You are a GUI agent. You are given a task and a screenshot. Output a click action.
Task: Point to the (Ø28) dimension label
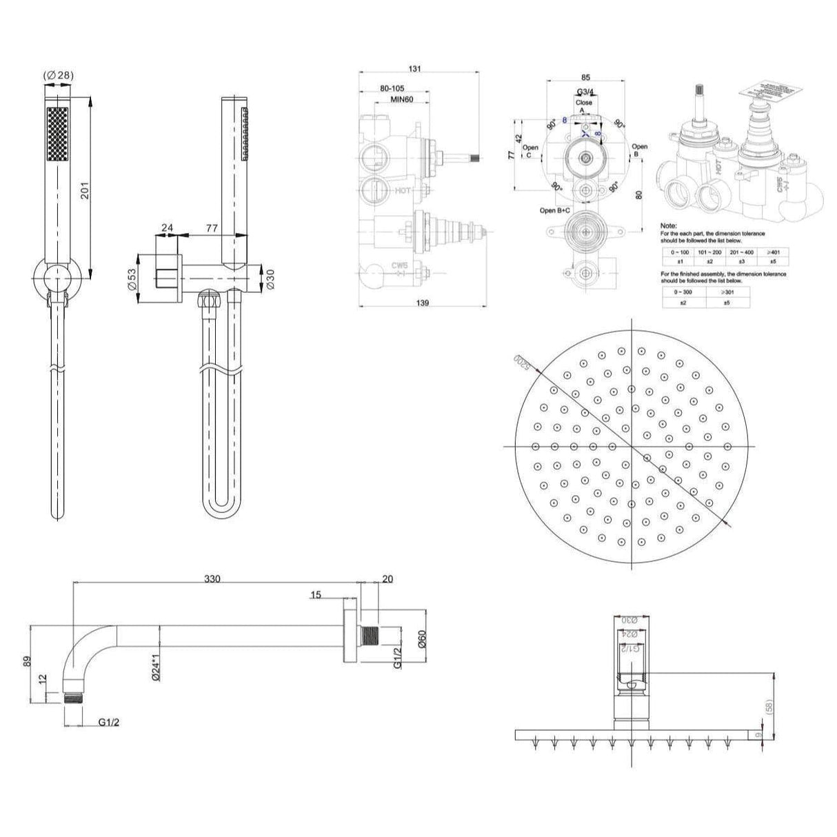pyautogui.click(x=58, y=75)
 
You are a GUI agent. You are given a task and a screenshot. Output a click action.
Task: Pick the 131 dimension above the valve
pyautogui.click(x=415, y=69)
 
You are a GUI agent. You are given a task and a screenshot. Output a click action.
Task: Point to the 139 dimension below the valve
pyautogui.click(x=423, y=303)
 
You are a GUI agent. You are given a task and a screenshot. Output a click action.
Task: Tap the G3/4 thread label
pyautogui.click(x=585, y=92)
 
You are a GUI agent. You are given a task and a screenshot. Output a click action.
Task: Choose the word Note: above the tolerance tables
pyautogui.click(x=668, y=225)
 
